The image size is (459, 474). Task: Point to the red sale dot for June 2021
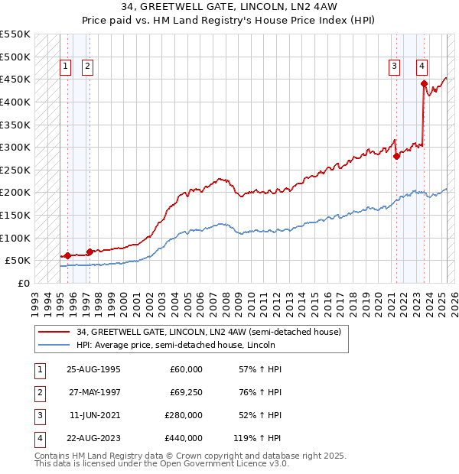click(396, 156)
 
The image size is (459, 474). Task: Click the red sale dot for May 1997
click(90, 252)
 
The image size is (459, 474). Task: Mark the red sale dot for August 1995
click(67, 255)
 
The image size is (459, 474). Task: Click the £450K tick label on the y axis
click(15, 79)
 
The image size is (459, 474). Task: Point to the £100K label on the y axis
click(15, 238)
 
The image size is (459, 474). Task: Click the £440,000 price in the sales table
click(184, 438)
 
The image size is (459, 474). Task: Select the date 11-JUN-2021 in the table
click(93, 415)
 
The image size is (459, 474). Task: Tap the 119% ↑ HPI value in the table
click(257, 438)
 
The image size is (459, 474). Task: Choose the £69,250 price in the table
click(184, 392)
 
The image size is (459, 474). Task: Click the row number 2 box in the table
click(39, 392)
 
